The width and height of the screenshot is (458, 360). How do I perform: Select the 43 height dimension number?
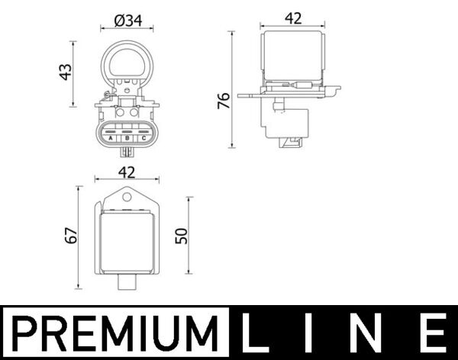coord(66,72)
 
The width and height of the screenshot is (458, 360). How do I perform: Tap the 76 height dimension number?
coord(224,101)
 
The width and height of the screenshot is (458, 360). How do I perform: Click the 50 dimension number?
coord(181,236)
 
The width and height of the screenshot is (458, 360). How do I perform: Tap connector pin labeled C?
coord(141,137)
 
